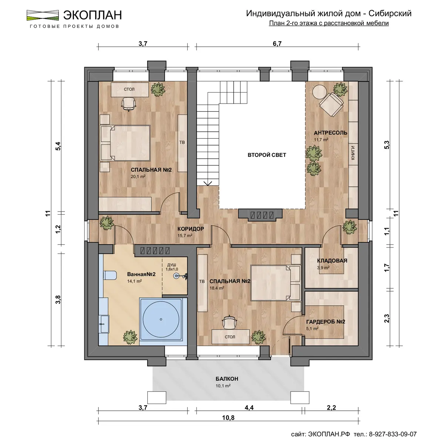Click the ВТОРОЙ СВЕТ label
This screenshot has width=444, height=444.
pyautogui.click(x=267, y=155)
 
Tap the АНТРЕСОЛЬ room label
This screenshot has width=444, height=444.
pyautogui.click(x=330, y=133)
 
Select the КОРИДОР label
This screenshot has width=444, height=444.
pyautogui.click(x=191, y=229)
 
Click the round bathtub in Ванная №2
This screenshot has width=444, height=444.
pyautogui.click(x=161, y=319)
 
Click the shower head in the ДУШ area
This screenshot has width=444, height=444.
pyautogui.click(x=177, y=275)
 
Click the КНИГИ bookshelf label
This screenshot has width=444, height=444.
pyautogui.click(x=353, y=153)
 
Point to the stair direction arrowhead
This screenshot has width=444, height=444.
pyautogui.click(x=208, y=183)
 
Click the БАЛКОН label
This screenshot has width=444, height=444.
pyautogui.click(x=227, y=379)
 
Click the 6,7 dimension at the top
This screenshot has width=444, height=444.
pyautogui.click(x=277, y=44)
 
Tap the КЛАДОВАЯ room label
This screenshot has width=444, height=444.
pyautogui.click(x=332, y=260)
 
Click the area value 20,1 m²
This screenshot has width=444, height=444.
pyautogui.click(x=138, y=177)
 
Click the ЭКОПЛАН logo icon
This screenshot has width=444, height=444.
pyautogui.click(x=43, y=15)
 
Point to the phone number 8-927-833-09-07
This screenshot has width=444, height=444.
pyautogui.click(x=393, y=434)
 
